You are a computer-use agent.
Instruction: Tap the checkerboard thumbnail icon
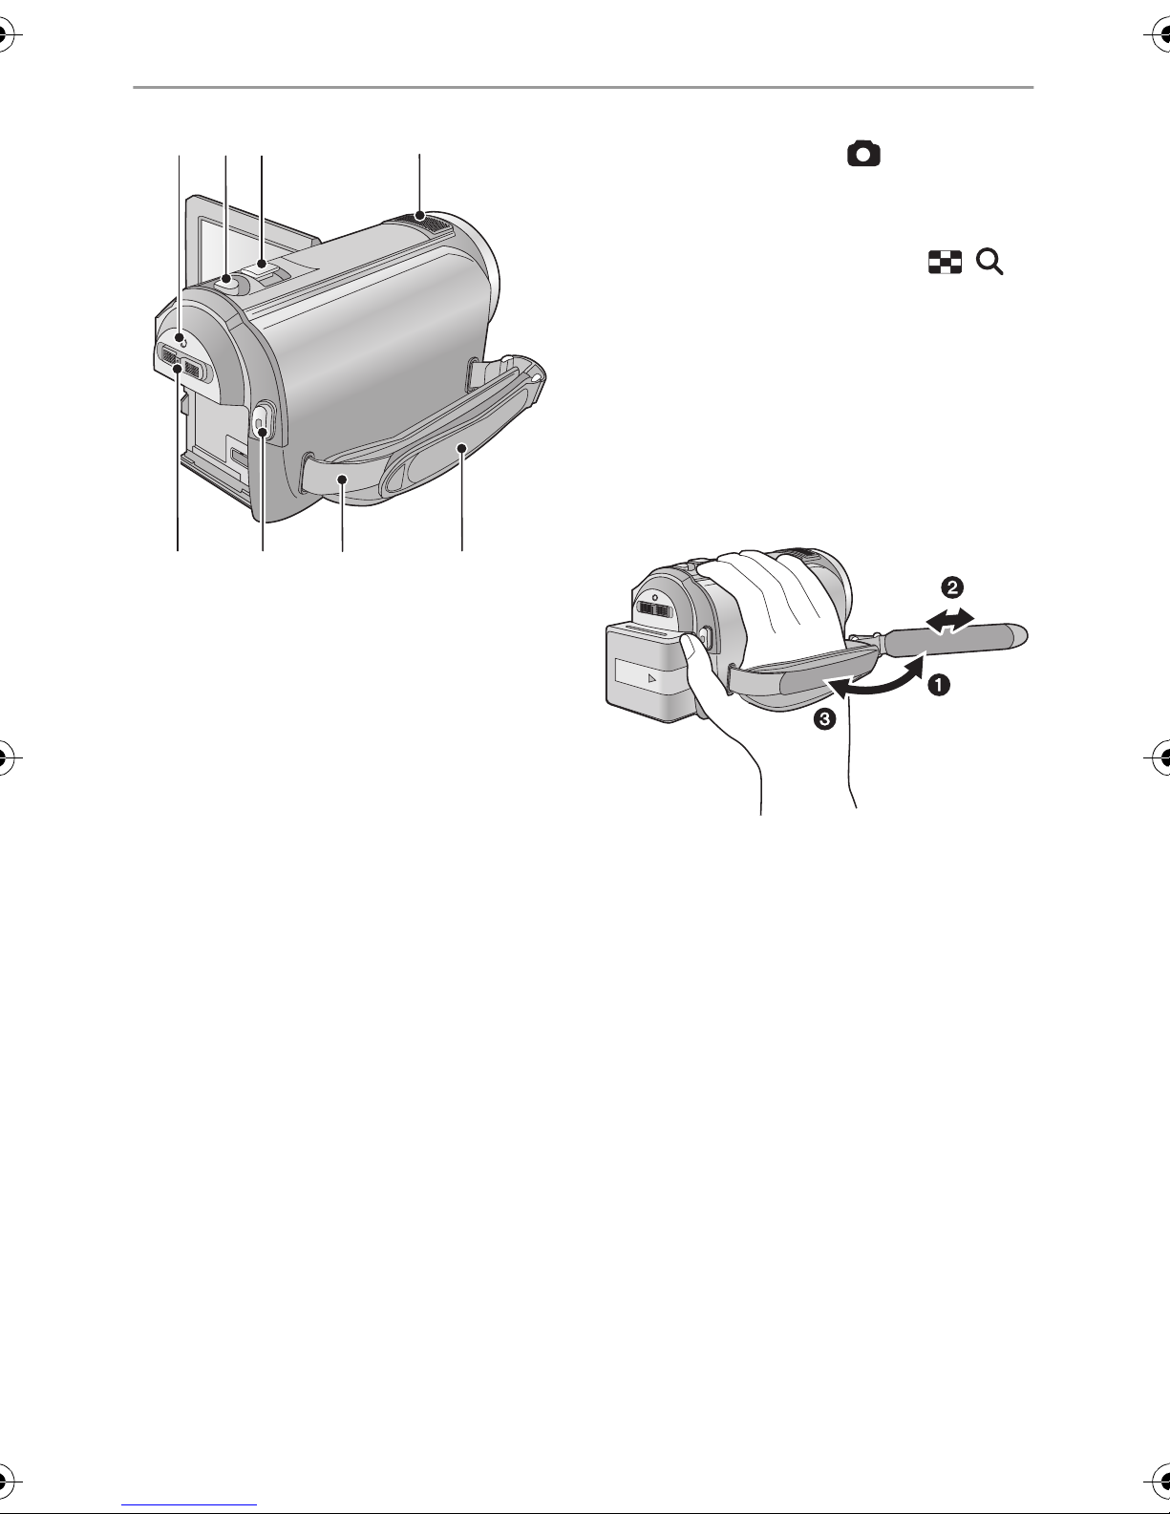tap(945, 262)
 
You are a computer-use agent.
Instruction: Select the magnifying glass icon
tap(989, 262)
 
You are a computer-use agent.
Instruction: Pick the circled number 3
tap(824, 718)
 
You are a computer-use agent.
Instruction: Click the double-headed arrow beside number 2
tap(950, 620)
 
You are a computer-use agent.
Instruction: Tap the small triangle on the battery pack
tap(651, 678)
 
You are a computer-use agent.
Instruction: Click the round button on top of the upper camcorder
tap(226, 282)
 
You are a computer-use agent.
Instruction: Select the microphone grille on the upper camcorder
tap(419, 222)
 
